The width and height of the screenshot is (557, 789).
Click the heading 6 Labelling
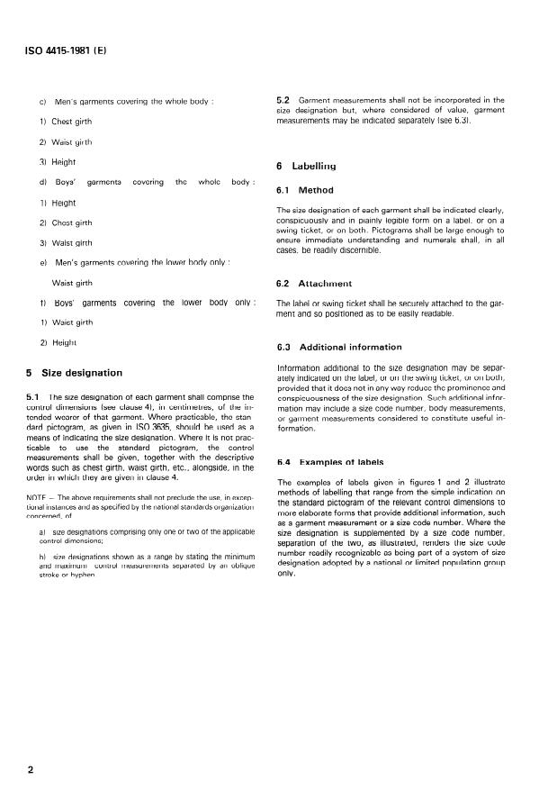point(305,166)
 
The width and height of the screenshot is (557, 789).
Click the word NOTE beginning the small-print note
point(37,497)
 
